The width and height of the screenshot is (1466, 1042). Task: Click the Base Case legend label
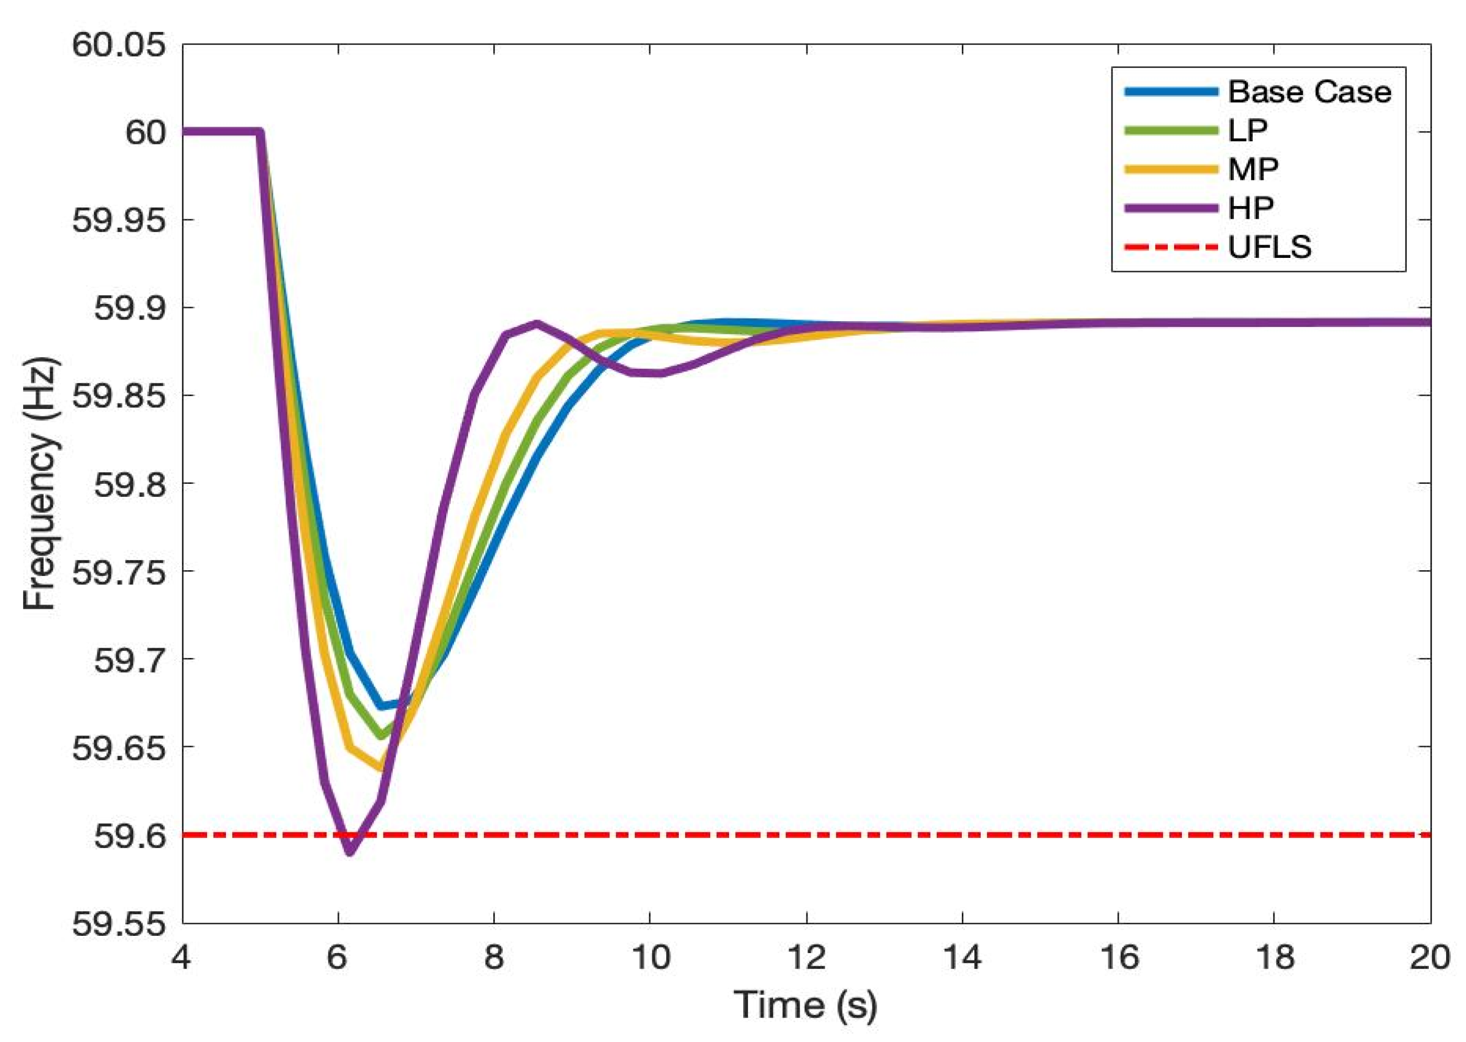1309,92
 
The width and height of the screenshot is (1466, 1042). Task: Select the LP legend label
1247,130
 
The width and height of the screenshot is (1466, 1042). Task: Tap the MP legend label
1253,169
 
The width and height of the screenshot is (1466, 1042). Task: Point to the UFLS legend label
1269,247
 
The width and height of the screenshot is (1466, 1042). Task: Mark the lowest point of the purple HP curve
350,852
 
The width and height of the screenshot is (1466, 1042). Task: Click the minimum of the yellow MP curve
380,767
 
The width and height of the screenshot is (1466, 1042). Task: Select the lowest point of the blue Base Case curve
382,706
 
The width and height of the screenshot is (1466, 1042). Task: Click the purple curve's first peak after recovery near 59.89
537,323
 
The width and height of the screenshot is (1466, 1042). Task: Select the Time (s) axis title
805,1005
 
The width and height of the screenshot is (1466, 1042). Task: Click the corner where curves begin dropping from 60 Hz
260,132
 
